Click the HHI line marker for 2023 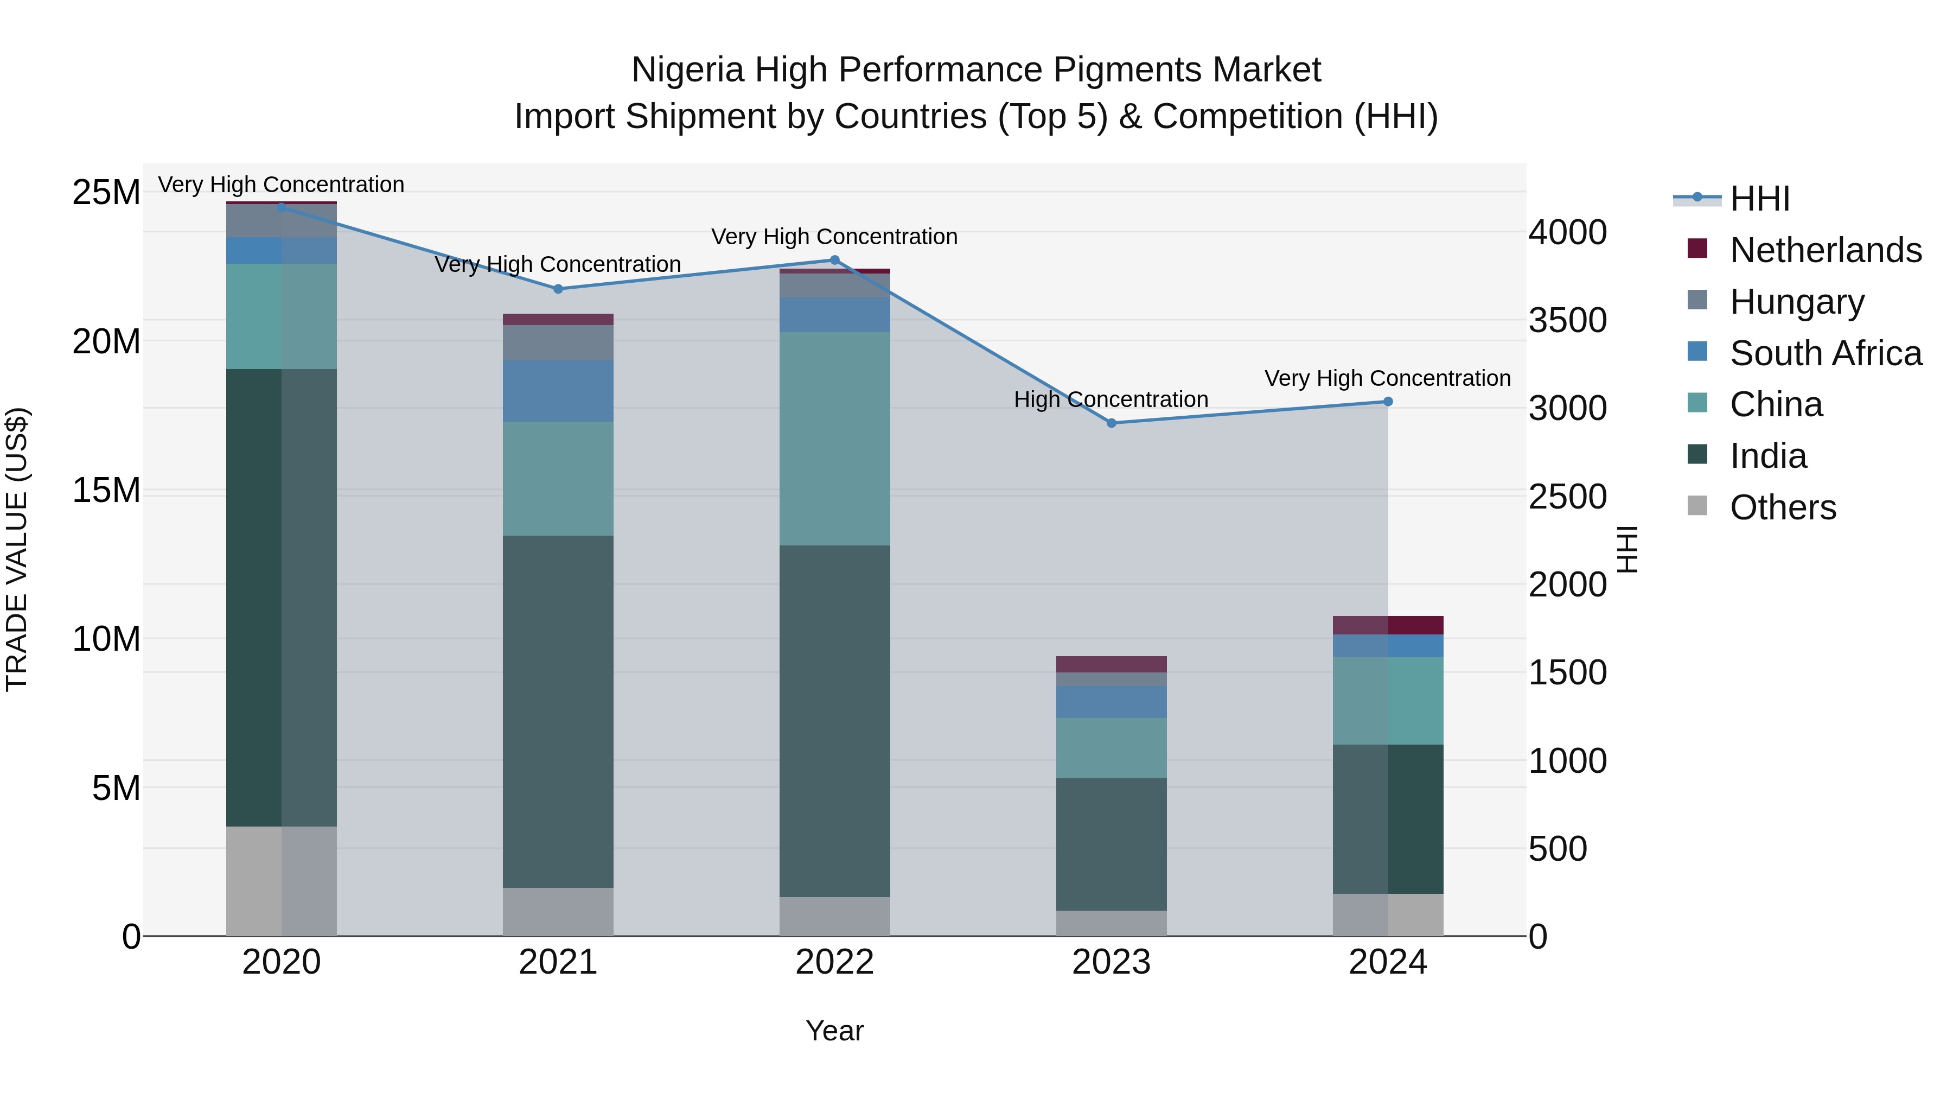coord(1112,423)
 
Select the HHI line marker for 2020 coord(281,207)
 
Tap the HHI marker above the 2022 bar coord(835,260)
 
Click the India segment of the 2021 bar coord(558,712)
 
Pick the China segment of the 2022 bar coord(835,439)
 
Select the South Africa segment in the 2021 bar coord(558,391)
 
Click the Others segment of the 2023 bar coord(1112,923)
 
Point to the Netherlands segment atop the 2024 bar coord(1388,625)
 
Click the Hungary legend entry coord(1797,302)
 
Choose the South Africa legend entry coord(1826,353)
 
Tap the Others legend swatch coord(1697,506)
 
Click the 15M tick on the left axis coord(106,491)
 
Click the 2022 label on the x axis coord(835,962)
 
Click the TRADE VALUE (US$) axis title coord(17,549)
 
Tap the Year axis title coord(835,1031)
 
